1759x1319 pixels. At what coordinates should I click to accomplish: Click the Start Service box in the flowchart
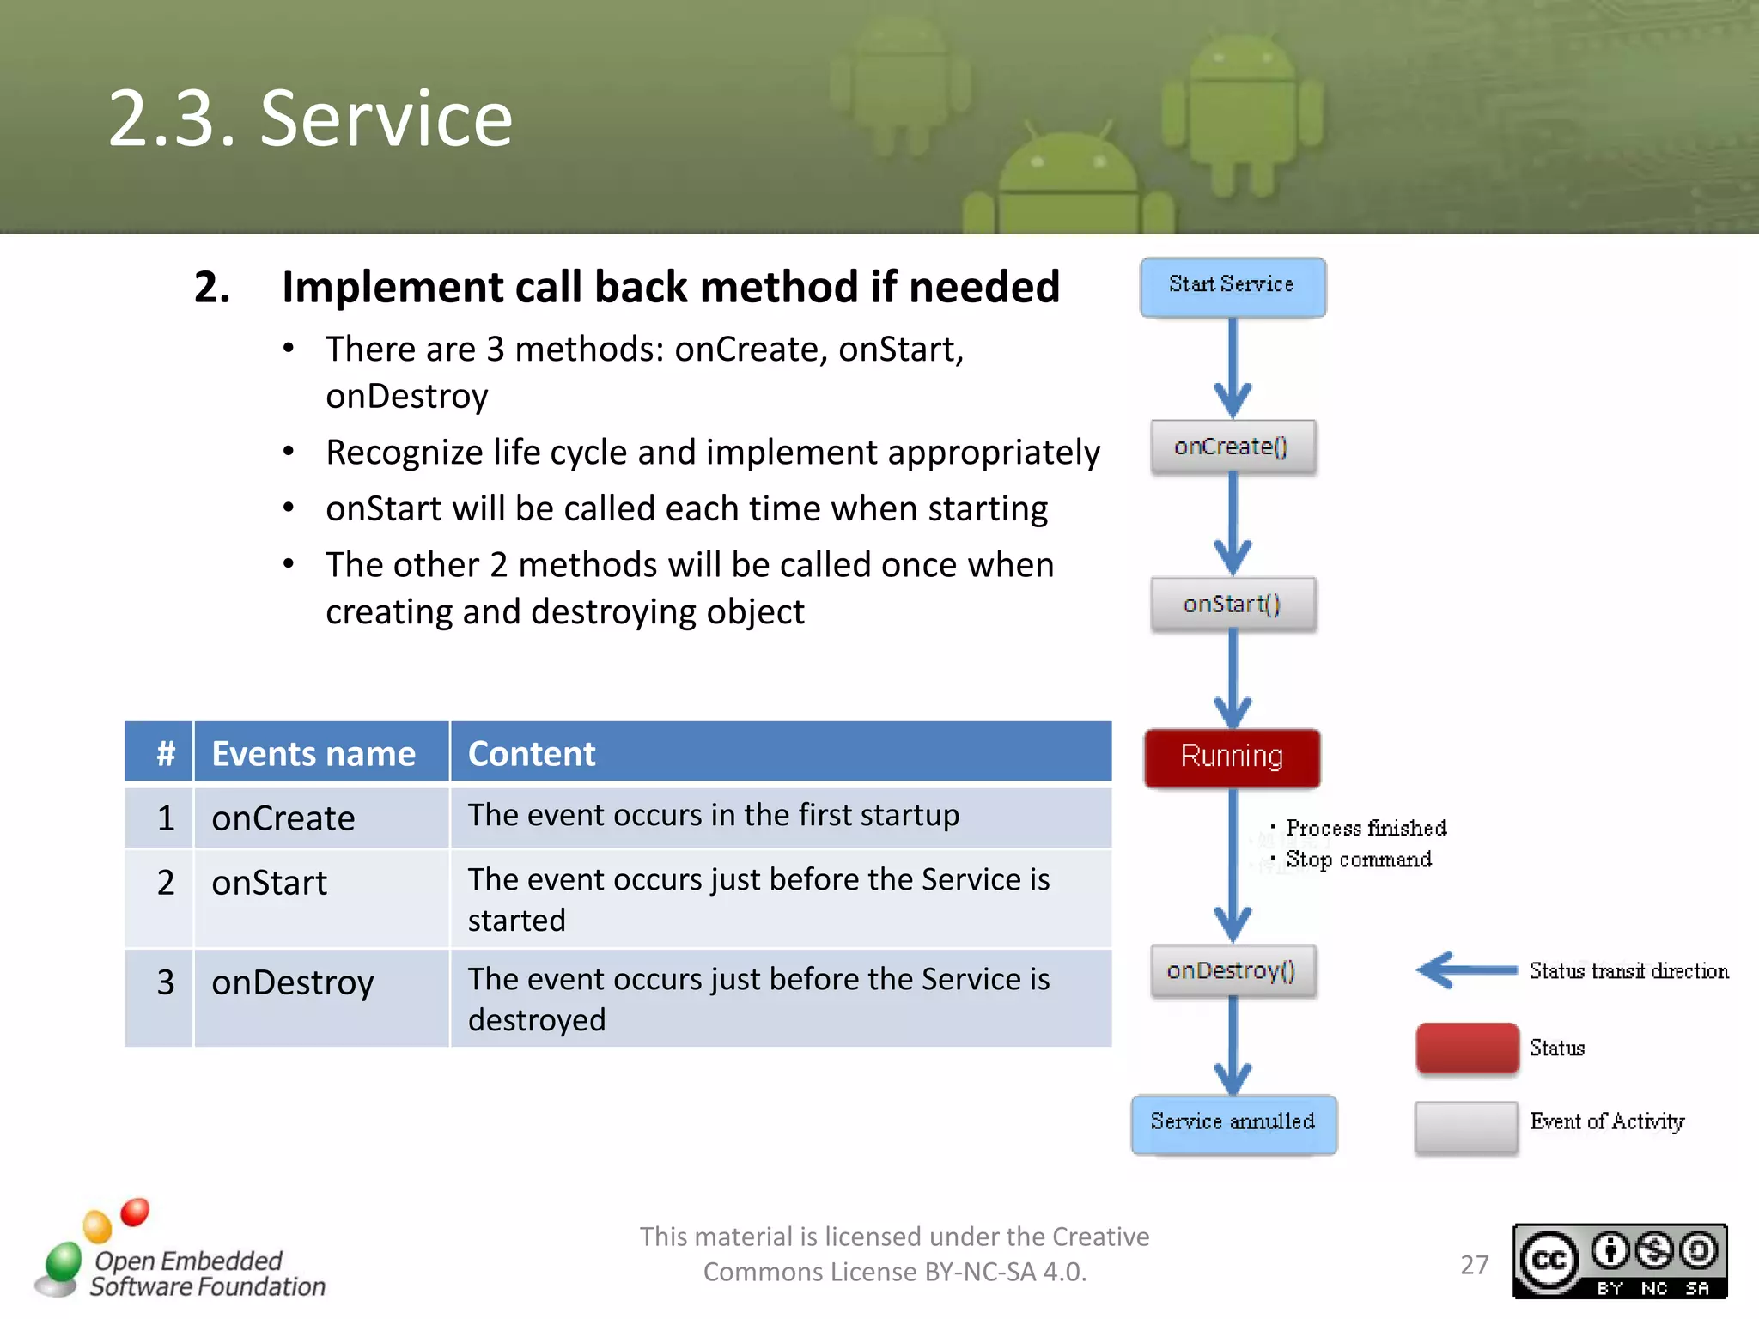pos(1233,287)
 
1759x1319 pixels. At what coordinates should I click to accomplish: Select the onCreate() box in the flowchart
pos(1233,447)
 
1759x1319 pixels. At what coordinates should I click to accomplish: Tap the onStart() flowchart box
pos(1233,605)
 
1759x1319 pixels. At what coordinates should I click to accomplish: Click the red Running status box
pos(1232,757)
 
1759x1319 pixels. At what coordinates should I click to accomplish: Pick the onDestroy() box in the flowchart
pos(1233,970)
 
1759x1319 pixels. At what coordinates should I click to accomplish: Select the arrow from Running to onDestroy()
pos(1233,867)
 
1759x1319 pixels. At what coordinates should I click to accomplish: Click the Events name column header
pos(314,753)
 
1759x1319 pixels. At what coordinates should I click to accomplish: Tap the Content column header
pos(533,753)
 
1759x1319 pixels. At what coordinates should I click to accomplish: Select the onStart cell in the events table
pos(270,883)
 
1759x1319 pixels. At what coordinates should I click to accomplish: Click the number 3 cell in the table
pos(166,982)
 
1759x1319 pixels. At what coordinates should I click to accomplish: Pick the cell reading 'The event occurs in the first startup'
pos(713,815)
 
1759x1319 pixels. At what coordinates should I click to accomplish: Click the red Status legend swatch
pos(1466,1048)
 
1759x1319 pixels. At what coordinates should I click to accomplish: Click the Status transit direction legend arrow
pos(1467,970)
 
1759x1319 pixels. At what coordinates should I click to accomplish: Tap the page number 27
pos(1475,1264)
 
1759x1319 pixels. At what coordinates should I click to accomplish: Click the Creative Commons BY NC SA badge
pos(1619,1261)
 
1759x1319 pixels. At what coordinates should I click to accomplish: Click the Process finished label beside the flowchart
pos(1366,828)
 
